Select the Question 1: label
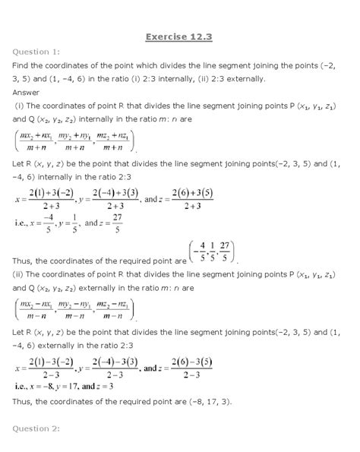point(35,51)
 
